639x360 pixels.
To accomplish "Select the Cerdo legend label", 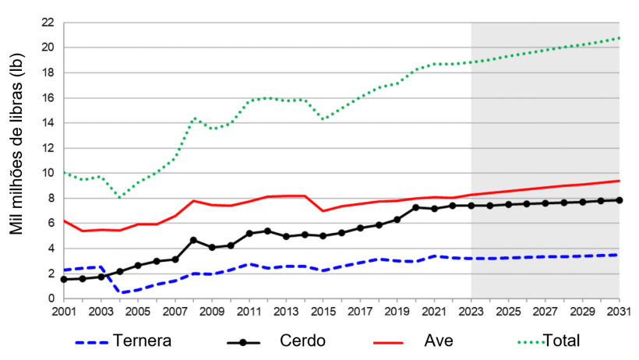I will [300, 341].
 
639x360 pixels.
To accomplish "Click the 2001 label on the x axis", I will [64, 312].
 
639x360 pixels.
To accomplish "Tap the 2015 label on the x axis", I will [323, 312].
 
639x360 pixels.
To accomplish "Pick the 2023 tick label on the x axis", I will [471, 312].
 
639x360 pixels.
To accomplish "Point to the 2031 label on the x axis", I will [619, 312].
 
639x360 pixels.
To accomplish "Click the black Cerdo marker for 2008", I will [193, 240].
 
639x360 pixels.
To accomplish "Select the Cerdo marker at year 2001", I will [64, 279].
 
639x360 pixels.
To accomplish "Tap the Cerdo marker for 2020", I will [415, 207].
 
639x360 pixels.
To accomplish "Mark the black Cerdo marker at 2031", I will [619, 200].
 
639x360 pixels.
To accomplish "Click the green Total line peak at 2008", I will [193, 118].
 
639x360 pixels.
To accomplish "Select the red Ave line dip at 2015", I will [323, 211].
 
